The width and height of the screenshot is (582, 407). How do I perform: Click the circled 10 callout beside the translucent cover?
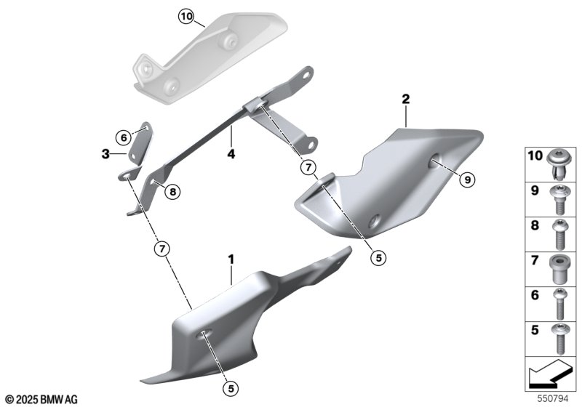[186, 17]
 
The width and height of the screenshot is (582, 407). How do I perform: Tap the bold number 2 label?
[406, 99]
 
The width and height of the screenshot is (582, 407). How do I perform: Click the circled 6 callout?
[124, 138]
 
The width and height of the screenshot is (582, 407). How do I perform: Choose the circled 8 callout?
[172, 192]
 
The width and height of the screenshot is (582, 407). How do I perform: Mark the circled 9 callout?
[467, 180]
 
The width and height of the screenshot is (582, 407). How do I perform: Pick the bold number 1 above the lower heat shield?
[231, 259]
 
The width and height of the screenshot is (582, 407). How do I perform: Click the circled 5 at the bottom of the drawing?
[231, 388]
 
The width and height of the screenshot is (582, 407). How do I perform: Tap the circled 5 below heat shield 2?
[378, 257]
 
